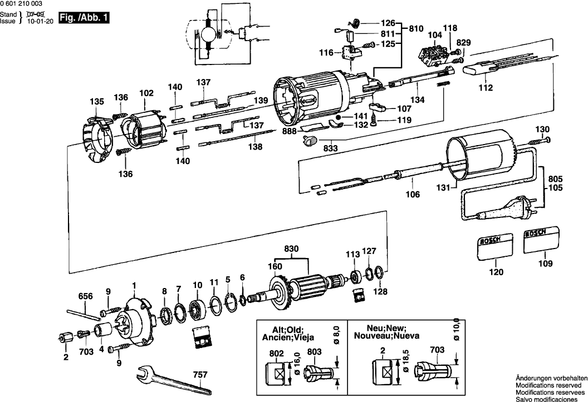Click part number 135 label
(97, 102)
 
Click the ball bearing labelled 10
(197, 309)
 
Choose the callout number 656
(85, 297)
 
